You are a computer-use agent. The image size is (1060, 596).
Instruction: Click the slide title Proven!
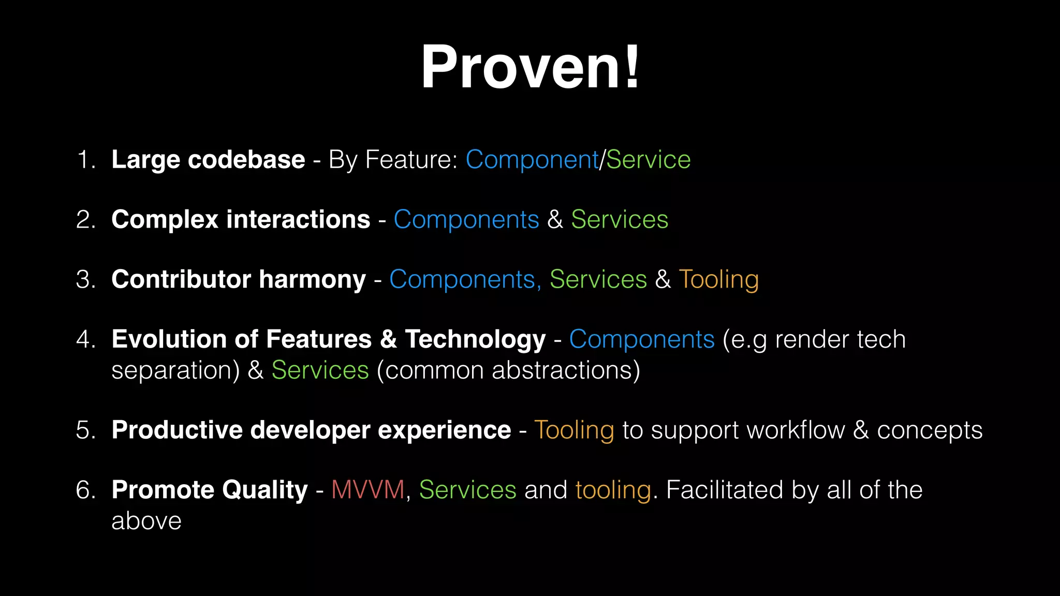[x=530, y=67]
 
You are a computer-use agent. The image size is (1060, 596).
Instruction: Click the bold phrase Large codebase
[x=208, y=159]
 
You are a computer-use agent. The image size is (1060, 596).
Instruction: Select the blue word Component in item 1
[x=532, y=159]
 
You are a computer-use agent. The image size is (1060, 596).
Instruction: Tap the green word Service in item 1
[x=648, y=159]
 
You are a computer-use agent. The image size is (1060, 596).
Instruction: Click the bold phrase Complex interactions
[x=241, y=219]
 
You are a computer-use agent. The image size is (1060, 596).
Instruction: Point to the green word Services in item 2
[x=620, y=219]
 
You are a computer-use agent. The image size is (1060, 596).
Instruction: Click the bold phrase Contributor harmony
[x=239, y=279]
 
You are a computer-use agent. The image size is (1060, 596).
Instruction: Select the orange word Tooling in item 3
[x=718, y=279]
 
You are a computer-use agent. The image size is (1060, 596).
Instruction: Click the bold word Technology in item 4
[x=475, y=339]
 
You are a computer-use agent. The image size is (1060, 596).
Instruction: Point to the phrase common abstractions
[x=508, y=370]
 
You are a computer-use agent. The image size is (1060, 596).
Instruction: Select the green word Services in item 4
[x=320, y=370]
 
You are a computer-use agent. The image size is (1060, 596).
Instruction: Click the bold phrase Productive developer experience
[x=311, y=430]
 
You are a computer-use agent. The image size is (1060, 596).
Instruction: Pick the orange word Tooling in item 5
[x=574, y=430]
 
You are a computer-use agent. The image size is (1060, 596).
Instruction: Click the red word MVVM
[x=367, y=489]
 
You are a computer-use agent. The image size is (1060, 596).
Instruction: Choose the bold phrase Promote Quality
[x=210, y=489]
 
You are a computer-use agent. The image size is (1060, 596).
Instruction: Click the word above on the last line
[x=146, y=520]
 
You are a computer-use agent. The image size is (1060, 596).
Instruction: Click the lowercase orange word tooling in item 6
[x=613, y=489]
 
